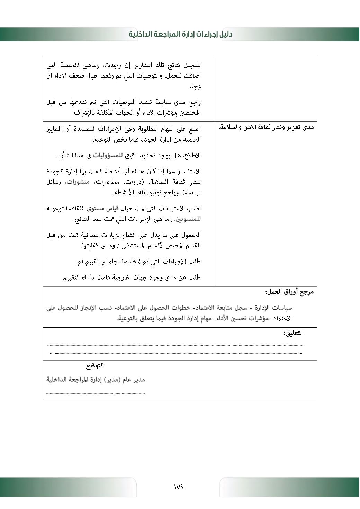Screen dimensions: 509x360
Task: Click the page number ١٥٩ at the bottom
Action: (x=179, y=487)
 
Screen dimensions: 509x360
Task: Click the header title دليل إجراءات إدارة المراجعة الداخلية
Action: (x=180, y=34)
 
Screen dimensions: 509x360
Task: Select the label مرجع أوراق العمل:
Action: (x=289, y=292)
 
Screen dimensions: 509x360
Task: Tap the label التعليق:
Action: (x=293, y=333)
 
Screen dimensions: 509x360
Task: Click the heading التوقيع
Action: (x=95, y=365)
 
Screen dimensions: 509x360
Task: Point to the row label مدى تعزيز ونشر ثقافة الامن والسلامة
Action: (x=266, y=127)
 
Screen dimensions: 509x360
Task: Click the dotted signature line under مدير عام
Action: (x=96, y=393)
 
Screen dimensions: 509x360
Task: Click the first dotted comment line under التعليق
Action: (x=175, y=345)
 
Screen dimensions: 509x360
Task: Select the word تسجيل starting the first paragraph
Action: (x=193, y=65)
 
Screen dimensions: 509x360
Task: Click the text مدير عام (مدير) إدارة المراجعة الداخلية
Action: (x=96, y=380)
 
